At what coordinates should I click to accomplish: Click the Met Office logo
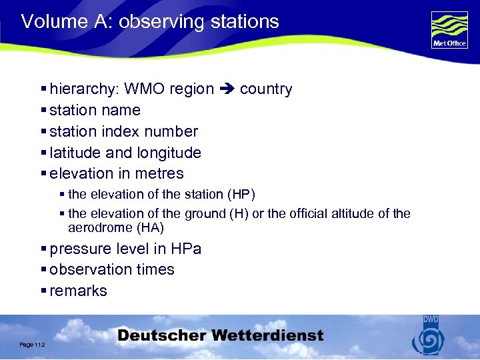click(449, 29)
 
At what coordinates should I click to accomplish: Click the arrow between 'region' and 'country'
click(227, 89)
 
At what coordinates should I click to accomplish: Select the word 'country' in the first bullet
click(266, 89)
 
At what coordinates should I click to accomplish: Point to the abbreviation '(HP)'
click(241, 195)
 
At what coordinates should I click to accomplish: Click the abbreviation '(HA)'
click(149, 228)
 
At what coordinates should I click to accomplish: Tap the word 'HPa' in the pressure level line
click(186, 249)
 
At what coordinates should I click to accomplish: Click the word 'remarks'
click(78, 291)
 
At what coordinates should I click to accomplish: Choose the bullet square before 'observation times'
click(43, 270)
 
